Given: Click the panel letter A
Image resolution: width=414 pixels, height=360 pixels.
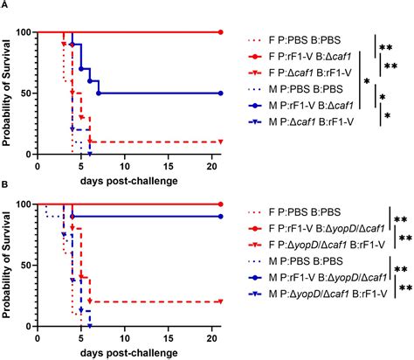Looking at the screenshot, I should coord(5,5).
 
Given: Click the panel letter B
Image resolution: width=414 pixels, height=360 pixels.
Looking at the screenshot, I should coord(5,186).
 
